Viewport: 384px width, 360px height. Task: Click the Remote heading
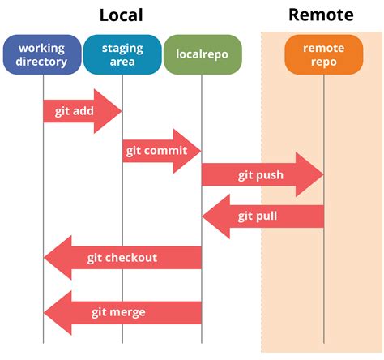pyautogui.click(x=321, y=15)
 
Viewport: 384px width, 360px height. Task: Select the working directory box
pyautogui.click(x=41, y=54)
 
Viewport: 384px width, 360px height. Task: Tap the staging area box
pyautogui.click(x=122, y=54)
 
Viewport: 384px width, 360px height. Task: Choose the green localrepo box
pyautogui.click(x=202, y=54)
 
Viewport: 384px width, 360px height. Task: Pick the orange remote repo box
pyautogui.click(x=323, y=54)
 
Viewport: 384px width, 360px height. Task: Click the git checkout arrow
pyautogui.click(x=122, y=259)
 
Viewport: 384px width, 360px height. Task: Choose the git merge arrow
pyautogui.click(x=122, y=312)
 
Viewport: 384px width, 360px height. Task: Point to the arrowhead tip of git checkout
pyautogui.click(x=45, y=259)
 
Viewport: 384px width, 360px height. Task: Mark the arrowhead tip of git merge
pyautogui.click(x=45, y=312)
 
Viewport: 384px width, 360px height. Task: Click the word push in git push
pyautogui.click(x=270, y=174)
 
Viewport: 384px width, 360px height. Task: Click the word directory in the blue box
pyautogui.click(x=41, y=62)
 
